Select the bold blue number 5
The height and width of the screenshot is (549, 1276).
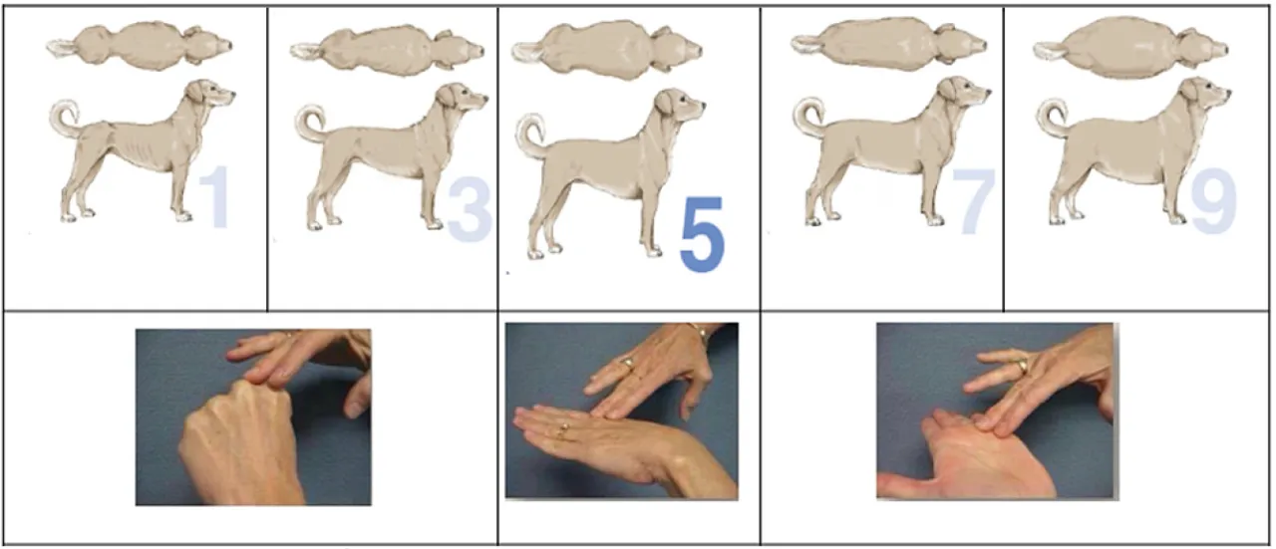pyautogui.click(x=703, y=233)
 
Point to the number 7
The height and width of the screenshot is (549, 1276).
pyautogui.click(x=973, y=201)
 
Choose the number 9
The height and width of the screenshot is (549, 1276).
pyautogui.click(x=1213, y=201)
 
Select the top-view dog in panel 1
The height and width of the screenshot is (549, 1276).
pyautogui.click(x=139, y=46)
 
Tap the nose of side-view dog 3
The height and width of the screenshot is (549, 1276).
pyautogui.click(x=484, y=98)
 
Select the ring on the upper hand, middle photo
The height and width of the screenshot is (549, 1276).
pyautogui.click(x=628, y=363)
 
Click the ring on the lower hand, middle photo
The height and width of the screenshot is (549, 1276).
pyautogui.click(x=563, y=430)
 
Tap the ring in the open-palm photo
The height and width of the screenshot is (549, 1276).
pyautogui.click(x=1023, y=365)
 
